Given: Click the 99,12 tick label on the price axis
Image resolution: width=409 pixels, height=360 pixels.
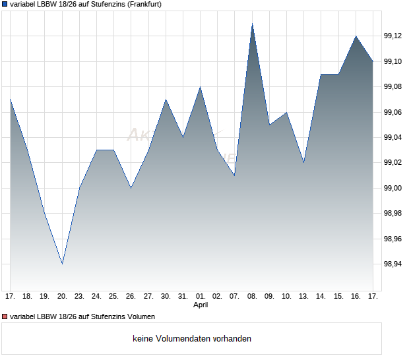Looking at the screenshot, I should pos(394,36).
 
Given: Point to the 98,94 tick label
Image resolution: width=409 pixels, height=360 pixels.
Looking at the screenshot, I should pos(394,264).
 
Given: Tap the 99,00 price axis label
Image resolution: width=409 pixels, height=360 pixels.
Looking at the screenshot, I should pos(394,188).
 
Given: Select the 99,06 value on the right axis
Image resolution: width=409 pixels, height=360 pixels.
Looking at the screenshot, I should pos(394,112).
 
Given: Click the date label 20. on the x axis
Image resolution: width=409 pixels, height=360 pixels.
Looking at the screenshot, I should pos(62,297).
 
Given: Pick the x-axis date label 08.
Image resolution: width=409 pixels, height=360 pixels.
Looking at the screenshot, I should pos(252,297).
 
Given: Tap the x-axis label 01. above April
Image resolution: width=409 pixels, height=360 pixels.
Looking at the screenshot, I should pos(201,297).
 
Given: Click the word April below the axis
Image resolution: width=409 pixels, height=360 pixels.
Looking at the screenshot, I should pos(201,305).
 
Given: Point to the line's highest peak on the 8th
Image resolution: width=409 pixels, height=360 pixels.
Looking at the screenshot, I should pos(252,24).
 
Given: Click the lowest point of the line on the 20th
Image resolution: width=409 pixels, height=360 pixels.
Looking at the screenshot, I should pos(62,264).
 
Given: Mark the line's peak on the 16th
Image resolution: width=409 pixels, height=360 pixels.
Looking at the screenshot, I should pos(356,36).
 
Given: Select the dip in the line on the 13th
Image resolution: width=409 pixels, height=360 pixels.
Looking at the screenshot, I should pos(303,162).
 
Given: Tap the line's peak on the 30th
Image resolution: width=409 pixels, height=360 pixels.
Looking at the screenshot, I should pos(166,100).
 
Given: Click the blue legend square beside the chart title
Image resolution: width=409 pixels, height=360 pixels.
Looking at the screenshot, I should pos(5,4).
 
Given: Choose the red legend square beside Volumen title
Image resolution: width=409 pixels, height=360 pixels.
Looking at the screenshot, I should pos(5,317).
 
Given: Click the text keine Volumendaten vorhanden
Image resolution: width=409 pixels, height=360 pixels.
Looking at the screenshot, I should pos(191,339).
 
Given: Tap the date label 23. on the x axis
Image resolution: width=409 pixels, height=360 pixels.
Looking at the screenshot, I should pos(79,297).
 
